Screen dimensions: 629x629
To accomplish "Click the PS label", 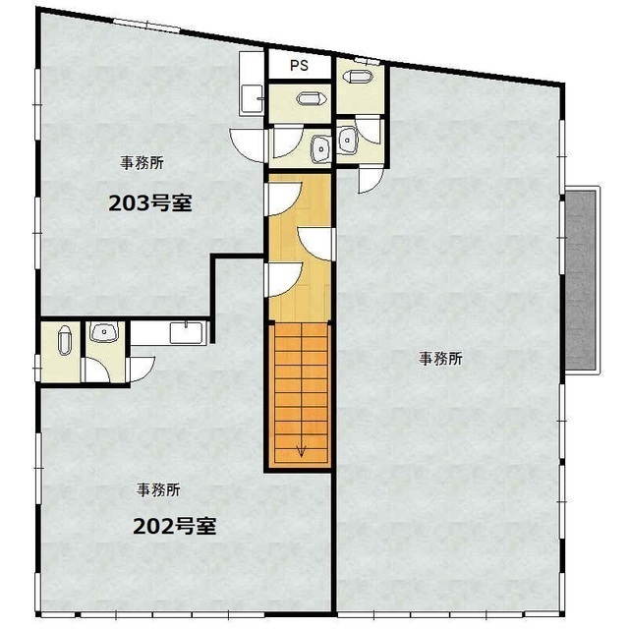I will (x=300, y=66).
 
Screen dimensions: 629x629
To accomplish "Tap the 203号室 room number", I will (x=148, y=203).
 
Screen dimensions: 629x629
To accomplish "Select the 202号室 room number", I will (x=174, y=525).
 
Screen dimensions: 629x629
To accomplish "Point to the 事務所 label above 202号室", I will (x=158, y=488).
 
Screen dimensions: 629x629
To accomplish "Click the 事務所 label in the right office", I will (x=441, y=359).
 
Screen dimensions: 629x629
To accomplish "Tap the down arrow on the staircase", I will (x=300, y=451).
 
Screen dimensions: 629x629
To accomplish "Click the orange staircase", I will (x=300, y=393).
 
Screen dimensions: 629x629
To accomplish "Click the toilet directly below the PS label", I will (x=309, y=99).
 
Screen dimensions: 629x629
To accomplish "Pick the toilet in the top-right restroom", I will (x=358, y=75).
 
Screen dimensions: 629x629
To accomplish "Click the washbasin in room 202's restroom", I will (x=103, y=333).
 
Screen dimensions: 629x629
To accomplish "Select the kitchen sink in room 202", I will (x=187, y=331).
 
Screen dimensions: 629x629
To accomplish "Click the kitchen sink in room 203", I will (x=252, y=96).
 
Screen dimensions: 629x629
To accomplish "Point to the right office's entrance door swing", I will (x=370, y=177).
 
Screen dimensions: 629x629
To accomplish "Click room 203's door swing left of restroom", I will (x=248, y=144).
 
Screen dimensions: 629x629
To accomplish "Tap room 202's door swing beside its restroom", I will (x=141, y=367).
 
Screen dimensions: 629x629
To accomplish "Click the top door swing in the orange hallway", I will (x=282, y=197).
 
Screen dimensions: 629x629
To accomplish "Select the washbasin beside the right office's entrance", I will (x=349, y=141).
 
